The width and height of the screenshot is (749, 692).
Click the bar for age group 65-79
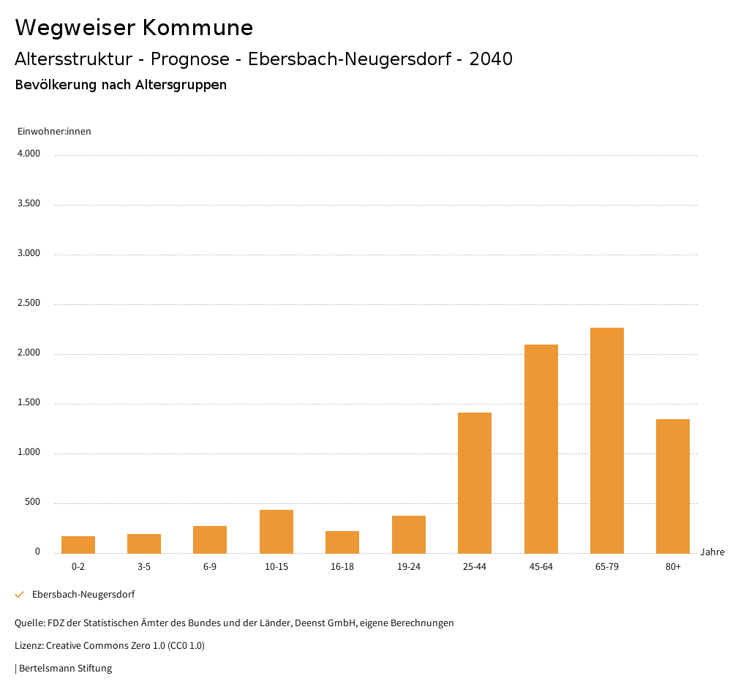point(607,440)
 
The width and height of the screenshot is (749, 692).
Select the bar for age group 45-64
point(541,448)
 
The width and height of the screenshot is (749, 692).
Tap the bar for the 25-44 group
point(475,483)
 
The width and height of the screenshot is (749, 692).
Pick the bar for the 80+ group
point(673,486)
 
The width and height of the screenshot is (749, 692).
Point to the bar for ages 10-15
point(276,531)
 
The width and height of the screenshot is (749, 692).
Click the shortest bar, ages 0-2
point(78,544)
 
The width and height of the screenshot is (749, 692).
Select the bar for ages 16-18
point(342,542)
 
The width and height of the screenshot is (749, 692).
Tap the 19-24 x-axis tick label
point(408,567)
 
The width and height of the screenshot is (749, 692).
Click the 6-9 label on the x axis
point(210,567)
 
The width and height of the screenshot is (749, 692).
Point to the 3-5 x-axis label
point(144,567)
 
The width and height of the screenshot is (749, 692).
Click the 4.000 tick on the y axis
point(29,154)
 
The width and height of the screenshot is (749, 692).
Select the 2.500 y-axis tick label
point(29,304)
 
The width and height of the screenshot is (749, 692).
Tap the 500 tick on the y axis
point(32,503)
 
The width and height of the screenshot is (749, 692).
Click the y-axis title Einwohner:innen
point(54,132)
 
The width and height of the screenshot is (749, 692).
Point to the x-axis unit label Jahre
point(712,552)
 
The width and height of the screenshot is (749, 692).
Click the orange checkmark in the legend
point(20,595)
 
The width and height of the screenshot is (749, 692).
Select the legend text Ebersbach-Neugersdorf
point(83,595)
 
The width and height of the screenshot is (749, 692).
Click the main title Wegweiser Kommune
point(134,28)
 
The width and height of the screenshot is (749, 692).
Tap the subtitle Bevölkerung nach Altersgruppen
point(121,85)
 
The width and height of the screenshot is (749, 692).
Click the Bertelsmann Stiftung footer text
point(64,669)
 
